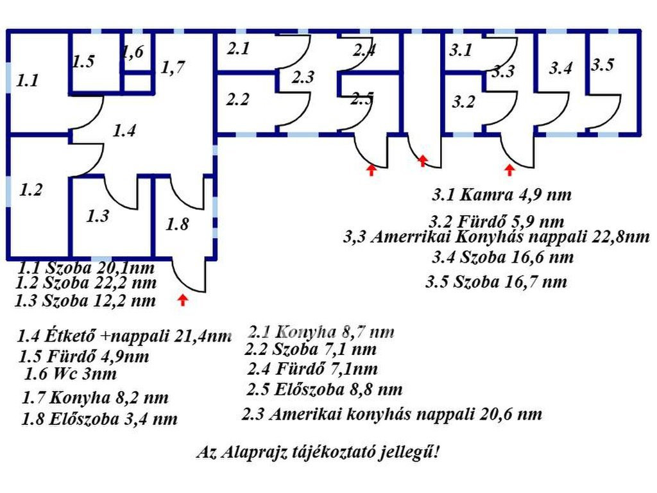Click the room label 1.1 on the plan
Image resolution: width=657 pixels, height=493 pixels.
pyautogui.click(x=28, y=80)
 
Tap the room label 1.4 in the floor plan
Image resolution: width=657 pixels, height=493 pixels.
pyautogui.click(x=124, y=130)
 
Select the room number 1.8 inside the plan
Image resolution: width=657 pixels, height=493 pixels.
pyautogui.click(x=177, y=224)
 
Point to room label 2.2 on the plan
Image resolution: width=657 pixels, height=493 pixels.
pyautogui.click(x=237, y=99)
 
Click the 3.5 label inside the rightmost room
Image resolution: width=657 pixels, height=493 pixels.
pyautogui.click(x=603, y=65)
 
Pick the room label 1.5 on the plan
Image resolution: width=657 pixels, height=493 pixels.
pyautogui.click(x=83, y=62)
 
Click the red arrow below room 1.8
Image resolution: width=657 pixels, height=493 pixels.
pyautogui.click(x=182, y=300)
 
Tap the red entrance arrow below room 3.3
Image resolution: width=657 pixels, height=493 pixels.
pyautogui.click(x=509, y=169)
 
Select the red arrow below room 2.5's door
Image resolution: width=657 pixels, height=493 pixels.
pyautogui.click(x=371, y=169)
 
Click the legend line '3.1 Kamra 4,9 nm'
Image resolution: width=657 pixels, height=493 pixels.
pyautogui.click(x=502, y=195)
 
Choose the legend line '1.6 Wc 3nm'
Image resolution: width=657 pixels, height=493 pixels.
pyautogui.click(x=71, y=374)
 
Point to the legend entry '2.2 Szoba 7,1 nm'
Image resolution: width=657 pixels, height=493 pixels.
pyautogui.click(x=311, y=349)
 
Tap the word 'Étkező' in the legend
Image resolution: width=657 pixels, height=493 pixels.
pyautogui.click(x=74, y=335)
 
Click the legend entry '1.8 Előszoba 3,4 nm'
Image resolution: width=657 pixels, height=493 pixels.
pyautogui.click(x=99, y=419)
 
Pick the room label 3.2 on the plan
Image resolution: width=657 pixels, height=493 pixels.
pyautogui.click(x=463, y=102)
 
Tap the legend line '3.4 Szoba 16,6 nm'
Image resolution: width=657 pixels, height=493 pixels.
pyautogui.click(x=503, y=257)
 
